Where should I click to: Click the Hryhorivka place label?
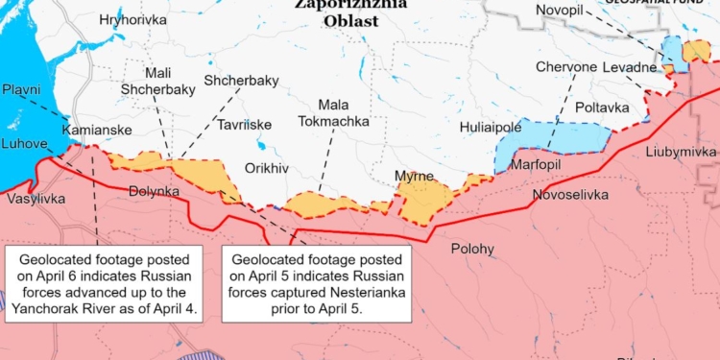click(113, 19)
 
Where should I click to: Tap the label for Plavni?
click(20, 89)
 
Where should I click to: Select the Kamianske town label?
click(92, 130)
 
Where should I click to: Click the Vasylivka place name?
click(36, 199)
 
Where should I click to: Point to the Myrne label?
click(414, 176)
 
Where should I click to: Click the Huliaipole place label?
click(490, 127)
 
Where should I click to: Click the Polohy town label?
click(472, 250)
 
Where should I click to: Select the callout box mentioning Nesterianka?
click(317, 285)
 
